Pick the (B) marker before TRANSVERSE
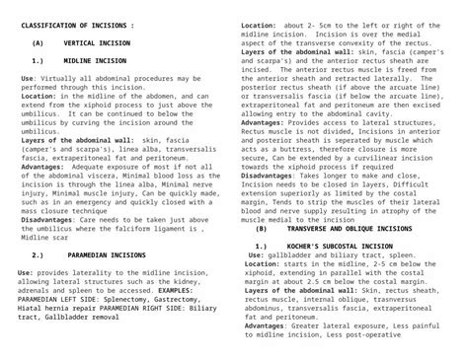point(262,227)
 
